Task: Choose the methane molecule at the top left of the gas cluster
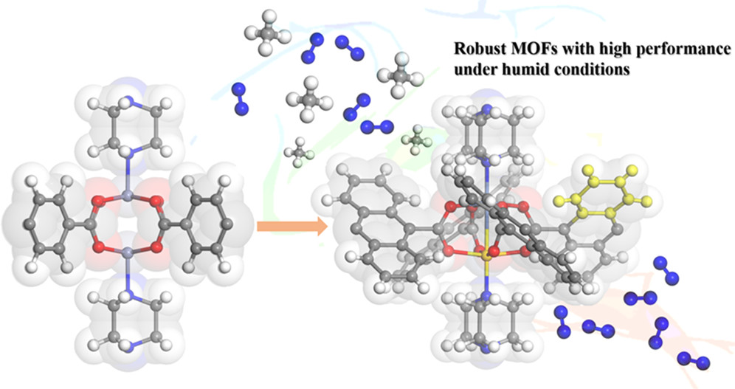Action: coord(262,33)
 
